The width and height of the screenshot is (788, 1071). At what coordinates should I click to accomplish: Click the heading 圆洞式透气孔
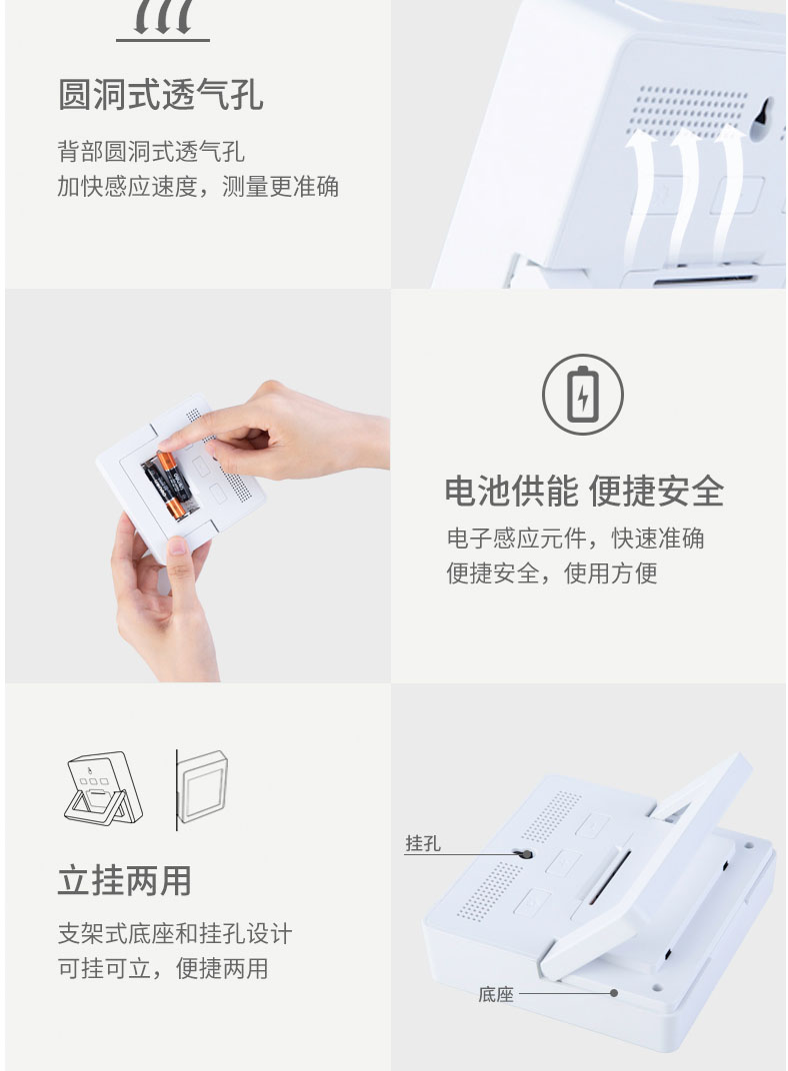(x=161, y=94)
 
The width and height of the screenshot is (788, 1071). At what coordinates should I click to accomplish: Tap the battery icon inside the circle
(x=583, y=394)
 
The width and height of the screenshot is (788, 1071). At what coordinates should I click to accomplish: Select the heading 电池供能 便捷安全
(x=584, y=492)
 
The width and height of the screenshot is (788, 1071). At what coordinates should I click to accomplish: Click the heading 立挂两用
(x=124, y=880)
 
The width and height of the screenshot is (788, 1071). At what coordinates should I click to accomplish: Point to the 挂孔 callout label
(x=423, y=843)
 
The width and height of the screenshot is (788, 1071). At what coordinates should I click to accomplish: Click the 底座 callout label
(x=495, y=994)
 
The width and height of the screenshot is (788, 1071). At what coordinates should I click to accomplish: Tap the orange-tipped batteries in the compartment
(x=166, y=484)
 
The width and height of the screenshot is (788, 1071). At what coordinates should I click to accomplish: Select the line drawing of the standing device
(x=104, y=789)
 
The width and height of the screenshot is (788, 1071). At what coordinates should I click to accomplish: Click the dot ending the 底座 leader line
(x=614, y=993)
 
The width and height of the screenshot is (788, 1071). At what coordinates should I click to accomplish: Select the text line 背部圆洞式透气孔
(x=151, y=151)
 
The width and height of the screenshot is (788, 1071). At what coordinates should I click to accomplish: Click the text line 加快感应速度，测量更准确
(x=198, y=186)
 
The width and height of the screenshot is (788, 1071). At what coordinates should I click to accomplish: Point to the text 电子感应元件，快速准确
(x=575, y=538)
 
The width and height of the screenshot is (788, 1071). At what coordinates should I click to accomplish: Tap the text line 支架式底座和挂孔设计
(x=175, y=933)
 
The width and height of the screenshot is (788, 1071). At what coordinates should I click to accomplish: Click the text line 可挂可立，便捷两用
(x=163, y=968)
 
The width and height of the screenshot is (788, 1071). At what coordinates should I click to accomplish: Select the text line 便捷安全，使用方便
(x=552, y=573)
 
